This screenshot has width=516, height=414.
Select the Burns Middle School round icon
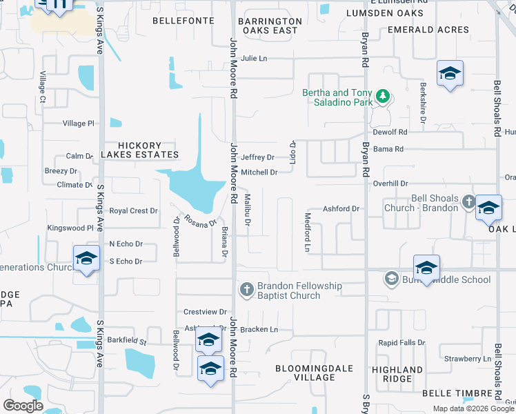pyautogui.click(x=391, y=278)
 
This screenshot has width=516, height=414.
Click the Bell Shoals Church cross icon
pyautogui.click(x=468, y=202)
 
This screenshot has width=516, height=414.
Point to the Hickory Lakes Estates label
pyautogui.click(x=139, y=150)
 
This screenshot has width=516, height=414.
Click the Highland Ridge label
pyautogui.click(x=397, y=374)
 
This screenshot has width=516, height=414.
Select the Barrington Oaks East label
pyautogui.click(x=270, y=26)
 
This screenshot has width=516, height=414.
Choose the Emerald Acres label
pyautogui.click(x=428, y=30)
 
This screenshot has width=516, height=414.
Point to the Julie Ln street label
pyautogui.click(x=254, y=59)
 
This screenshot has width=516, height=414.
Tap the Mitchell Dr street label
pyautogui.click(x=259, y=172)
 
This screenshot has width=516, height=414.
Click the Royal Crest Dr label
pyautogui.click(x=133, y=211)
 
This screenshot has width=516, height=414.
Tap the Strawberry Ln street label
pyautogui.click(x=467, y=359)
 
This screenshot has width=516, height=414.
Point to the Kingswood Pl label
pyautogui.click(x=70, y=228)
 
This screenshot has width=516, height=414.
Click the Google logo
pyautogui.click(x=23, y=406)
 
